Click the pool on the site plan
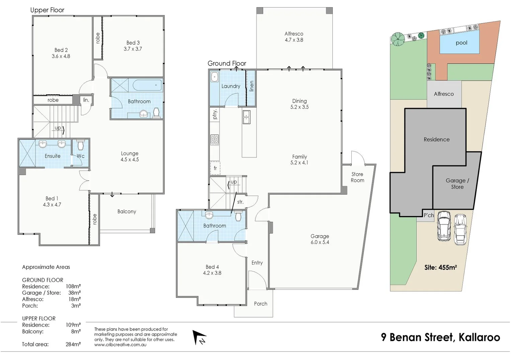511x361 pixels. point(459,42)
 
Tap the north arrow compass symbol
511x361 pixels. point(199,337)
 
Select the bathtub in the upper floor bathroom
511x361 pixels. point(147,85)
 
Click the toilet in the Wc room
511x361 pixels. point(80,145)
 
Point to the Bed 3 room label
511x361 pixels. point(133,45)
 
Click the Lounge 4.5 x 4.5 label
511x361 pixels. point(130,156)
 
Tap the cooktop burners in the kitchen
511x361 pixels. point(215,140)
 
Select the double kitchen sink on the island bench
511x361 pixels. point(246,117)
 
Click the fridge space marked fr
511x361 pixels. point(215,168)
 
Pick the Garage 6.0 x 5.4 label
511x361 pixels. point(320,239)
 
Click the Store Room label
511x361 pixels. point(357,177)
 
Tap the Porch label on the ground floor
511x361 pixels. point(260,304)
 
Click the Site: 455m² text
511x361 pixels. point(440,267)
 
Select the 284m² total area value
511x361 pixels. point(73,344)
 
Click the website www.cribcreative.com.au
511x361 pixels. point(120,345)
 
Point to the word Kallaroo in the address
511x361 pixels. point(479,337)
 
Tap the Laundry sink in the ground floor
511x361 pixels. point(215,77)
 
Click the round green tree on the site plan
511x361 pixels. point(398,39)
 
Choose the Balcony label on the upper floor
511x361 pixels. point(126,212)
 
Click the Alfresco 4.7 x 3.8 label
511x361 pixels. point(294,37)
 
